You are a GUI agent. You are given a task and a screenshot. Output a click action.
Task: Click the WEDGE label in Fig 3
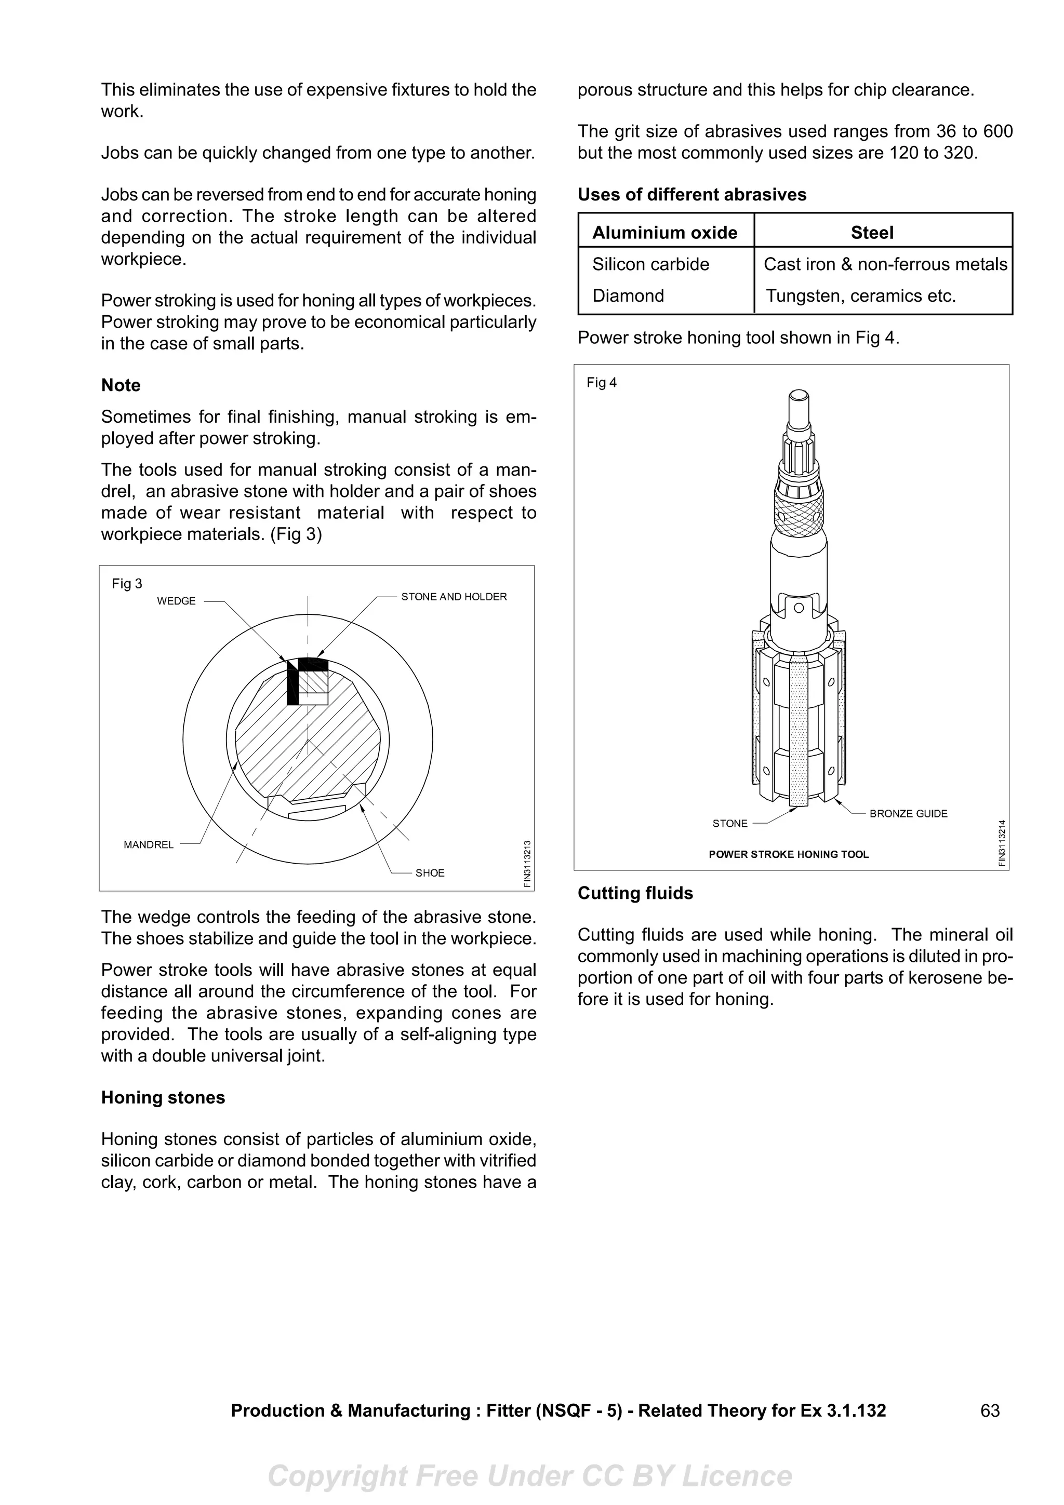176,601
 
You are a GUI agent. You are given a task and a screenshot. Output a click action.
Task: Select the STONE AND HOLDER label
454,597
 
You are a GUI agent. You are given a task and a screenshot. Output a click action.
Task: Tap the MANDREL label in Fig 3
149,845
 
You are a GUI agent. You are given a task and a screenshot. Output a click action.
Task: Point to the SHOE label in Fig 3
430,873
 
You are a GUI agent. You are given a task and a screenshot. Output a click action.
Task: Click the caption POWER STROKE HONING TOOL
788,854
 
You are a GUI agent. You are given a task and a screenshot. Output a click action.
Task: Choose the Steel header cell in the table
871,233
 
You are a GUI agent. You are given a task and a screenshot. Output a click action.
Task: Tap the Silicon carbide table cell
650,264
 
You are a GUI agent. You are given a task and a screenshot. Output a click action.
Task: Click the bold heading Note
121,385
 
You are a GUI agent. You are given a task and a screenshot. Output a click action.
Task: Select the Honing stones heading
163,1097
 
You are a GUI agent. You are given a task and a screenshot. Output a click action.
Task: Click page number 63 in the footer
989,1410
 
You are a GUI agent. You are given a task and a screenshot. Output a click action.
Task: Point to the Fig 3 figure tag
127,583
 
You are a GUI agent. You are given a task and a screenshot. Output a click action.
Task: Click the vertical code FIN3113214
1001,843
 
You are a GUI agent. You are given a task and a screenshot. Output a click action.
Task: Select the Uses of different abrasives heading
691,195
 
